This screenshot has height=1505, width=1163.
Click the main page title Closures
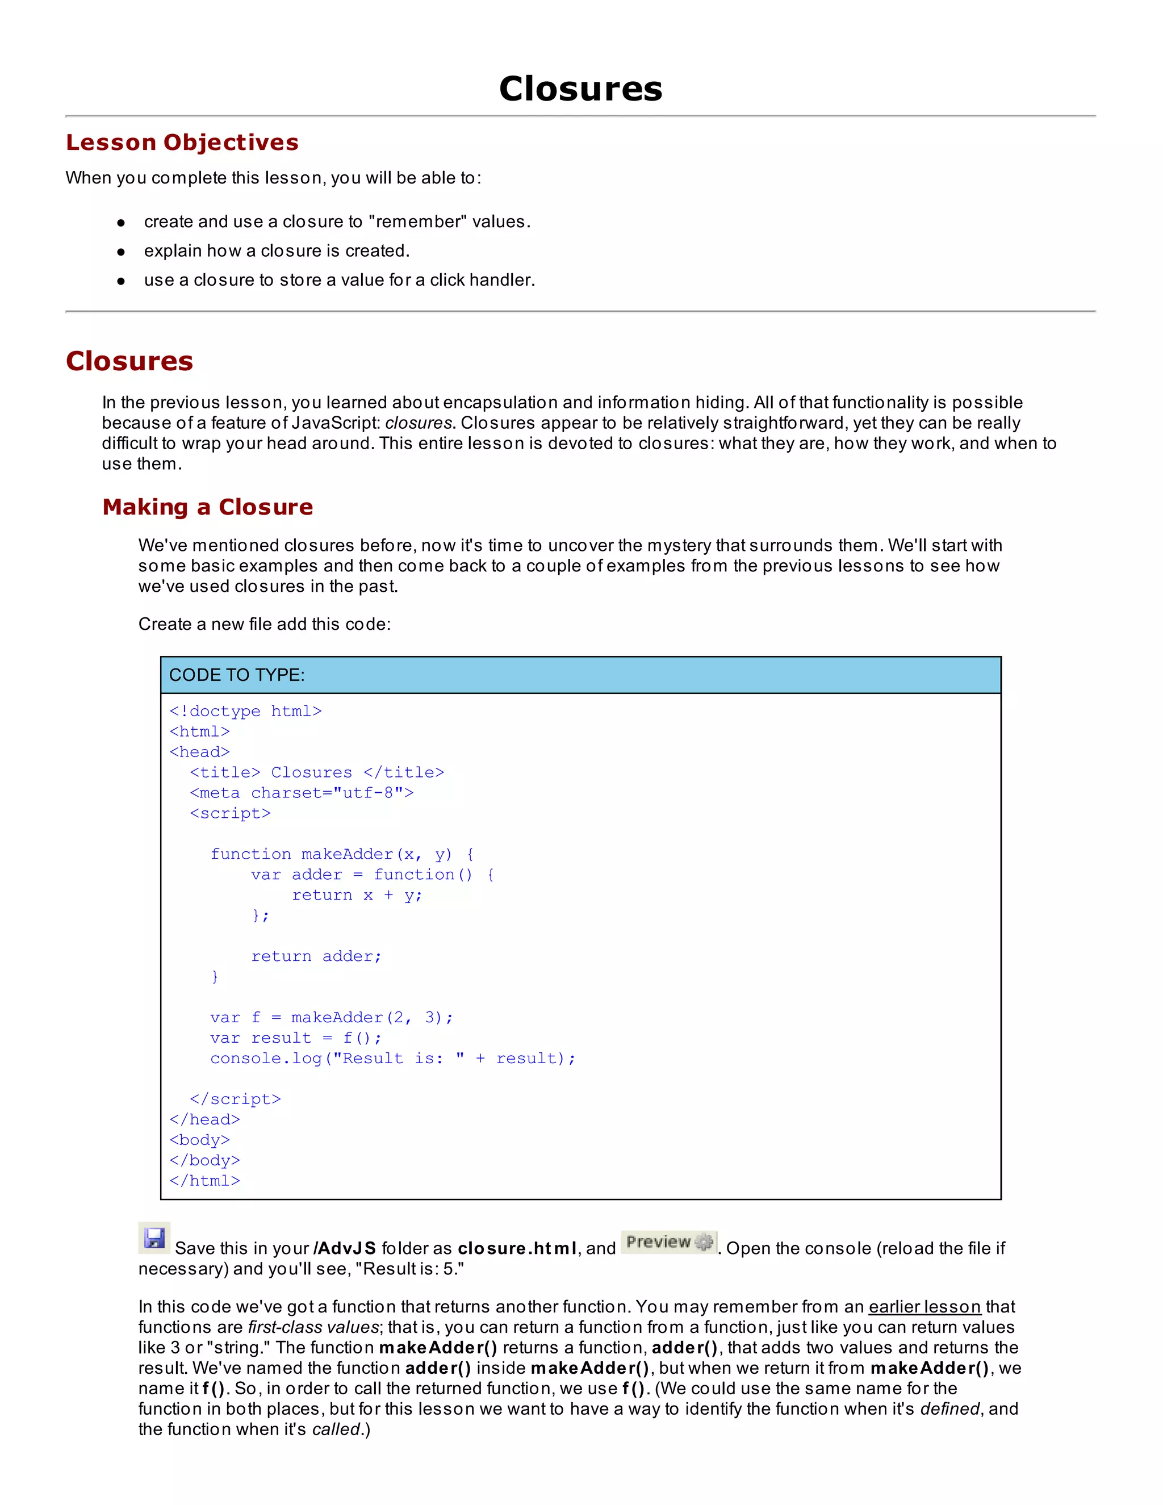(580, 89)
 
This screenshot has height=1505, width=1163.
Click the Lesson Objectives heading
(182, 142)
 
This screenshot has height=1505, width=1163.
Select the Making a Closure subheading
(207, 507)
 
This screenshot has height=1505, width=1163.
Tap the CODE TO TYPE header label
(236, 675)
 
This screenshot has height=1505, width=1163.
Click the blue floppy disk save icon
(154, 1238)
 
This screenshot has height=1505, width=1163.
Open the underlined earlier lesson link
(924, 1307)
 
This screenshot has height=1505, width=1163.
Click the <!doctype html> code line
(245, 711)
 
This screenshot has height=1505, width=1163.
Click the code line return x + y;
(357, 895)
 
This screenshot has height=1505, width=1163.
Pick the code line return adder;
(316, 956)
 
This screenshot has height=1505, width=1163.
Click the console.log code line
(393, 1059)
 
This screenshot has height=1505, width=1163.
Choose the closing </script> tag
(236, 1099)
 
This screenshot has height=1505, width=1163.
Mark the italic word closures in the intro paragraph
(419, 423)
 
